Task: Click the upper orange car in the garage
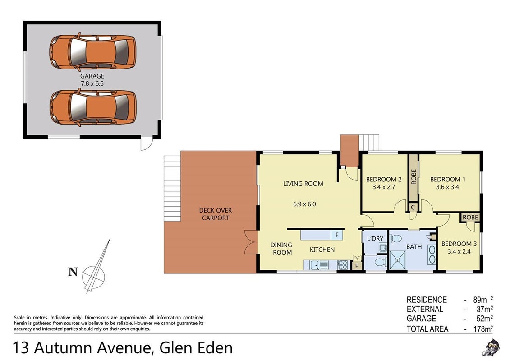click(93, 52)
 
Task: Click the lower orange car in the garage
click(93, 107)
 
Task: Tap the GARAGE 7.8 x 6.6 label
click(92, 80)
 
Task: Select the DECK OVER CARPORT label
click(216, 214)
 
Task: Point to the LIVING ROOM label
click(303, 184)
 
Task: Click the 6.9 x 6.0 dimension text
click(304, 204)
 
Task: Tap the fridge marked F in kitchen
click(337, 235)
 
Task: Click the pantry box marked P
click(357, 265)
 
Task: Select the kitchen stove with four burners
click(343, 265)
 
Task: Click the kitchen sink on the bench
click(314, 265)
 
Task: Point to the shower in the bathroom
click(397, 260)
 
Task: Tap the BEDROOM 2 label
click(384, 179)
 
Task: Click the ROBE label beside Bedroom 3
click(470, 217)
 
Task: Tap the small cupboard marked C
click(413, 207)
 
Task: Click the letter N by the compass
click(73, 272)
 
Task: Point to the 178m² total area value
click(483, 329)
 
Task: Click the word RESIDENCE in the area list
click(427, 300)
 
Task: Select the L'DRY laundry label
click(375, 239)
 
